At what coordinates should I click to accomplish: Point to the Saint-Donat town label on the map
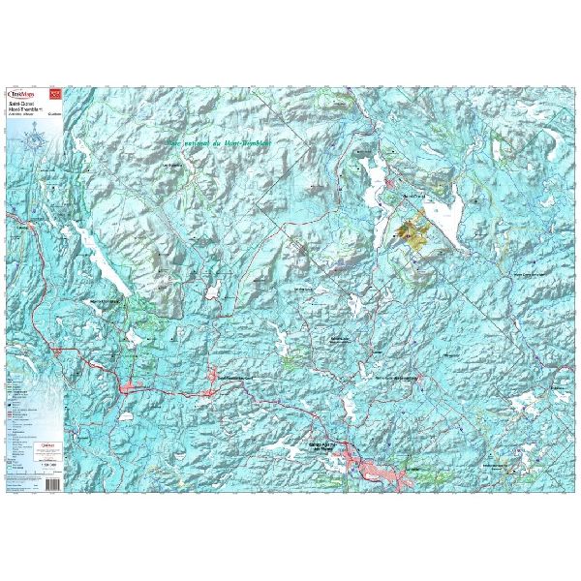coord(413,195)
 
